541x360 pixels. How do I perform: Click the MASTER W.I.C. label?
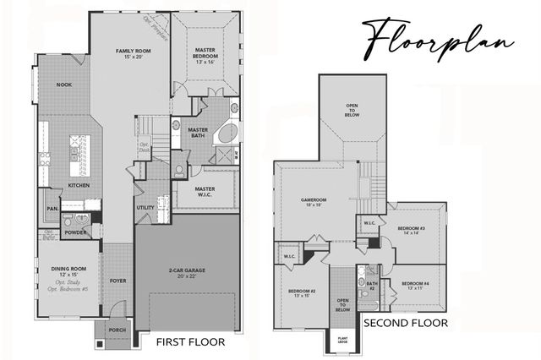(205, 191)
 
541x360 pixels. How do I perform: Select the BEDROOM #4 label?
(415, 285)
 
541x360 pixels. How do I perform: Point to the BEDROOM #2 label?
(302, 292)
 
